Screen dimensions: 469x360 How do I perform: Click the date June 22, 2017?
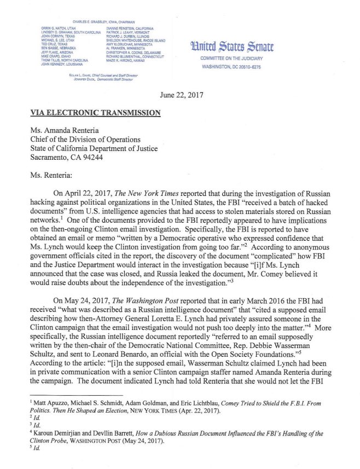[181, 94]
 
